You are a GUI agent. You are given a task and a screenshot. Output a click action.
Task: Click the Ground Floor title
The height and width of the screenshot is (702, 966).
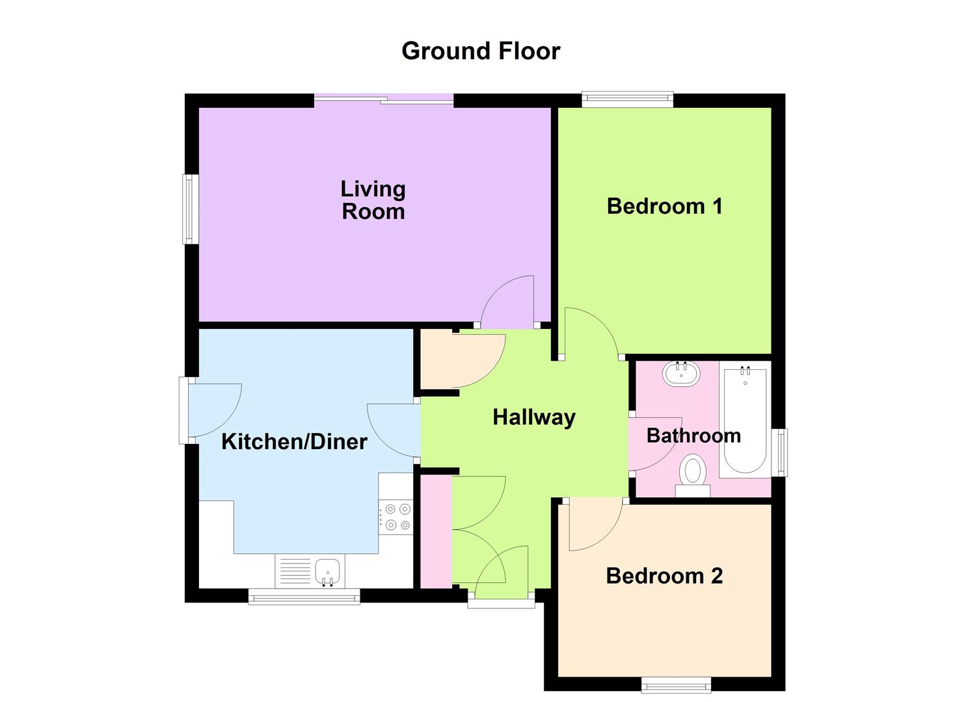[x=481, y=51]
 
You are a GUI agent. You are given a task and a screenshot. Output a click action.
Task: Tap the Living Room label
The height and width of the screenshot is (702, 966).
[x=373, y=200]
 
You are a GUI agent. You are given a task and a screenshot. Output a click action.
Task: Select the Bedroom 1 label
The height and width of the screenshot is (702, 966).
[x=664, y=206]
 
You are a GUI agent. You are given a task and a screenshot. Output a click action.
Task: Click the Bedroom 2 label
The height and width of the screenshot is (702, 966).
[x=664, y=575]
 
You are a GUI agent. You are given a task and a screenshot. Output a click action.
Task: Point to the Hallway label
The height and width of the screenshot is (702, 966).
[x=534, y=417]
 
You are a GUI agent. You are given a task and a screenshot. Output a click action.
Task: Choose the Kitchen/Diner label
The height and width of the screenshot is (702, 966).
[x=294, y=441]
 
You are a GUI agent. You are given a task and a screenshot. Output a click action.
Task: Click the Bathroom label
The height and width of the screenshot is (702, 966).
[x=693, y=435]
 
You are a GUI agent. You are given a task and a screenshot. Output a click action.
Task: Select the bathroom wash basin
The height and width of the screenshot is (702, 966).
[x=681, y=374]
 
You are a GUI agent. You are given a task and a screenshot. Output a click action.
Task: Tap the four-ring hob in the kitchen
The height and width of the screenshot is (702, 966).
[x=397, y=517]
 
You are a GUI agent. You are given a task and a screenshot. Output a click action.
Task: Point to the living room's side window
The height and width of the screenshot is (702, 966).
[x=190, y=209]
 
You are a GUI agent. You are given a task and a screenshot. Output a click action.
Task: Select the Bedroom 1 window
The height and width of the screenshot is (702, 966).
[x=627, y=99]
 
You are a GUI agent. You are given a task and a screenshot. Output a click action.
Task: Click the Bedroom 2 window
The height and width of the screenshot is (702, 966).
[x=676, y=685]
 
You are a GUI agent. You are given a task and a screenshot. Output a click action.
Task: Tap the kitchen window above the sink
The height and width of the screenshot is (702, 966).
[x=304, y=596]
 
